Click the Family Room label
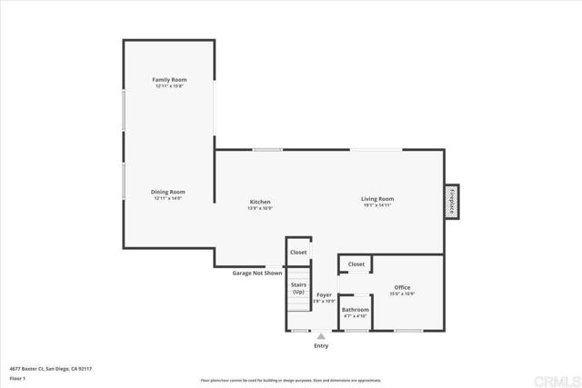click(x=169, y=80)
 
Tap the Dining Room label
click(x=168, y=192)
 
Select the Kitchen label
click(x=260, y=202)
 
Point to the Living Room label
click(x=376, y=198)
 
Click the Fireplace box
click(x=451, y=200)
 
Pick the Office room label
click(x=402, y=288)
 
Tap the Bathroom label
click(x=355, y=310)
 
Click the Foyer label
click(x=324, y=294)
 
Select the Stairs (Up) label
click(x=298, y=288)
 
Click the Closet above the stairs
click(x=298, y=252)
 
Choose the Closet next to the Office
click(x=356, y=264)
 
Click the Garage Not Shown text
click(x=257, y=273)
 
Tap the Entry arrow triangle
click(x=320, y=336)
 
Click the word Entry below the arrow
click(x=321, y=346)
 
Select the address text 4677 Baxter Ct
click(x=51, y=368)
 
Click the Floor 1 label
click(x=17, y=377)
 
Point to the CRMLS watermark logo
click(x=557, y=376)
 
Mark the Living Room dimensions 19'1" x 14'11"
click(x=376, y=205)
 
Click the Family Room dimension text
click(x=169, y=86)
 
